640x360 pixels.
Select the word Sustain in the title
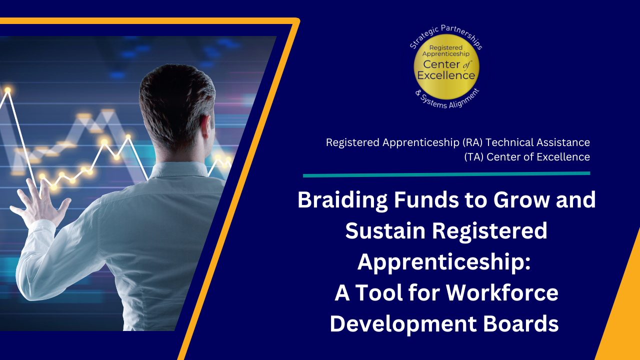(x=385, y=230)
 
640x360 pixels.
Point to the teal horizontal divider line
(x=446, y=174)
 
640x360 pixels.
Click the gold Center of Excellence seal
(x=446, y=67)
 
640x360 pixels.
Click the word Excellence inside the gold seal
(x=446, y=75)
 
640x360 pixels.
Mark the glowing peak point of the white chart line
(x=7, y=90)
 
